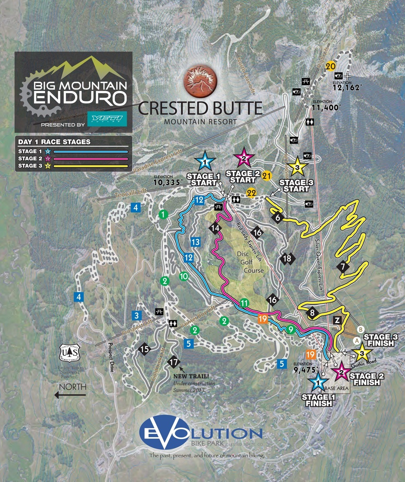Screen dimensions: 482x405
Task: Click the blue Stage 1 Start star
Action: click(x=205, y=162)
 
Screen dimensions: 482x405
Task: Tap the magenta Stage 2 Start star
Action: click(x=244, y=157)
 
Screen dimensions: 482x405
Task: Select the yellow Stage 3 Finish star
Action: click(x=362, y=353)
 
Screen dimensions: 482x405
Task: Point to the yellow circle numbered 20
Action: click(x=331, y=66)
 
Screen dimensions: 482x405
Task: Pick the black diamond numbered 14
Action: click(x=215, y=228)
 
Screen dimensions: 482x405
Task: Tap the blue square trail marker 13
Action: click(x=195, y=242)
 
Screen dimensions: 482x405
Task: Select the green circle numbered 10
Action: click(x=184, y=276)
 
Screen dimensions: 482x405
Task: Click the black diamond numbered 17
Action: click(x=174, y=362)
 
